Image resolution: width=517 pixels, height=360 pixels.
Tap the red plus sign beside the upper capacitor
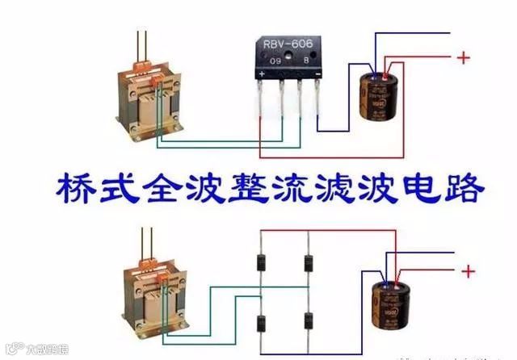pyautogui.click(x=463, y=58)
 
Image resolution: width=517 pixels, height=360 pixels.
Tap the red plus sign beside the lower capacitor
pyautogui.click(x=468, y=272)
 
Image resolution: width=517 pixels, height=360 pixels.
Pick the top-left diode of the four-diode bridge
pyautogui.click(x=261, y=262)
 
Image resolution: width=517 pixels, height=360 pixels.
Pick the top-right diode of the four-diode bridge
pyautogui.click(x=308, y=262)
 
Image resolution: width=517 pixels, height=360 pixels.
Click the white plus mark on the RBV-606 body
pyautogui.click(x=263, y=74)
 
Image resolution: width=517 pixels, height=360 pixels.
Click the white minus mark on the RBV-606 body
pyautogui.click(x=317, y=73)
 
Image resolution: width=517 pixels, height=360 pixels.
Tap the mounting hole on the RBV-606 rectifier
pyautogui.click(x=290, y=59)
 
